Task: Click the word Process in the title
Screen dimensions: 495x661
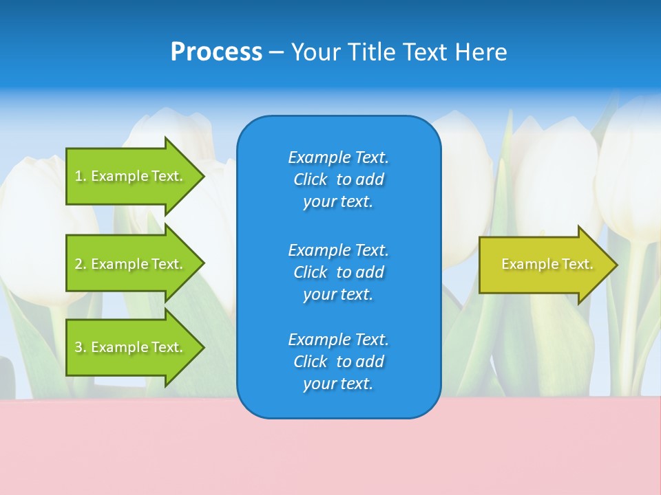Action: click(x=216, y=52)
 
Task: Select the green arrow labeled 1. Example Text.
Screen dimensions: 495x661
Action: click(x=129, y=176)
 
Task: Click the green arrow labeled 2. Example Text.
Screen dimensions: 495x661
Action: click(x=129, y=264)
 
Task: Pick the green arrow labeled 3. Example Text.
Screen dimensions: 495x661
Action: click(x=129, y=347)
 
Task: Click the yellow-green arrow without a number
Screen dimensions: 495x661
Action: click(x=544, y=265)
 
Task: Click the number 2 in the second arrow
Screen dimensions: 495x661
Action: click(x=79, y=264)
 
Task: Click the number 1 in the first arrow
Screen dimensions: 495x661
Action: click(x=79, y=176)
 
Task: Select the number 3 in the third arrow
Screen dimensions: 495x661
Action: click(x=79, y=347)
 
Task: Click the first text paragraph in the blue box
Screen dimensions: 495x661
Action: click(x=338, y=179)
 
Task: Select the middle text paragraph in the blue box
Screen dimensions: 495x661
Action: click(x=338, y=272)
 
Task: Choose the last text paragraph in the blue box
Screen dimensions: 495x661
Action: click(x=338, y=362)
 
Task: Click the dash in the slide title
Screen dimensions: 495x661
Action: click(x=276, y=52)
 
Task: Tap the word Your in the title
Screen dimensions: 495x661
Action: click(x=317, y=52)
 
